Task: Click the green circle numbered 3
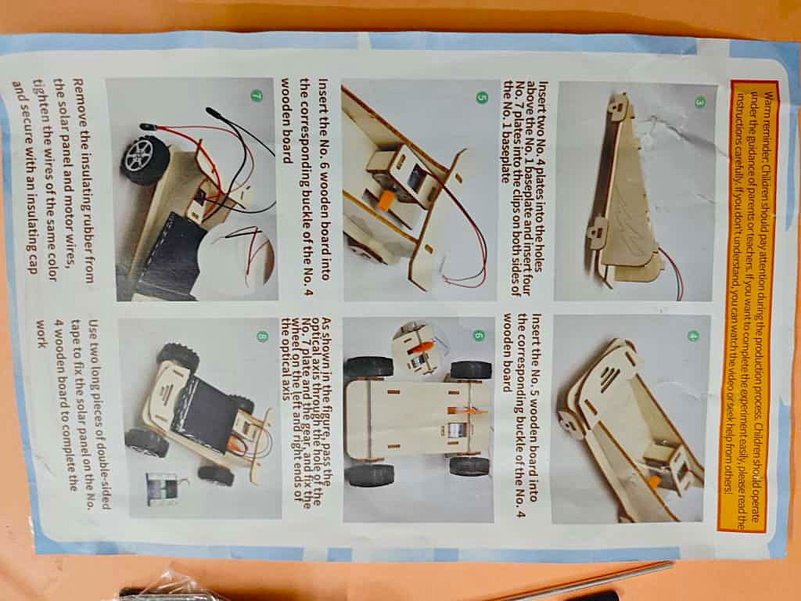[x=699, y=102]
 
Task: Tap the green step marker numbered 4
[x=693, y=336]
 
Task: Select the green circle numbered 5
[x=481, y=97]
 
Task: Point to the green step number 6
[x=478, y=335]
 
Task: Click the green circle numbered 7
[x=257, y=95]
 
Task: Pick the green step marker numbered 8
[x=262, y=336]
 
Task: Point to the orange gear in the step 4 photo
[x=655, y=482]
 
